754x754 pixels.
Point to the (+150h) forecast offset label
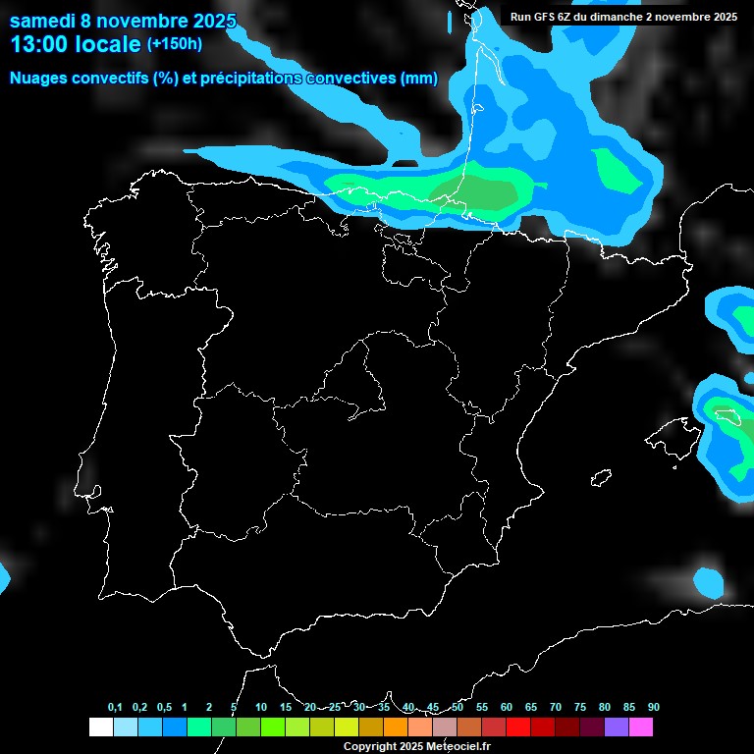[174, 44]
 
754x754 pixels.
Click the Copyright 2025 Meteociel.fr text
[416, 746]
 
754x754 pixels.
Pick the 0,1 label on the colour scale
[115, 708]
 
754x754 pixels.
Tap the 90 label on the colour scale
[654, 708]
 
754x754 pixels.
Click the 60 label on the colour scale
[507, 708]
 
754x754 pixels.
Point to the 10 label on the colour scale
[261, 708]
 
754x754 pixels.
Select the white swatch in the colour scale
[100, 727]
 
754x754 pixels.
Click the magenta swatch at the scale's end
[640, 727]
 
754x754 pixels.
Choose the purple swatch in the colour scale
[616, 727]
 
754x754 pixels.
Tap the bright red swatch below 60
[517, 727]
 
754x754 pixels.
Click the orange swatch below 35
[395, 727]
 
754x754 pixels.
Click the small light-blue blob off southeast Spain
[708, 582]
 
